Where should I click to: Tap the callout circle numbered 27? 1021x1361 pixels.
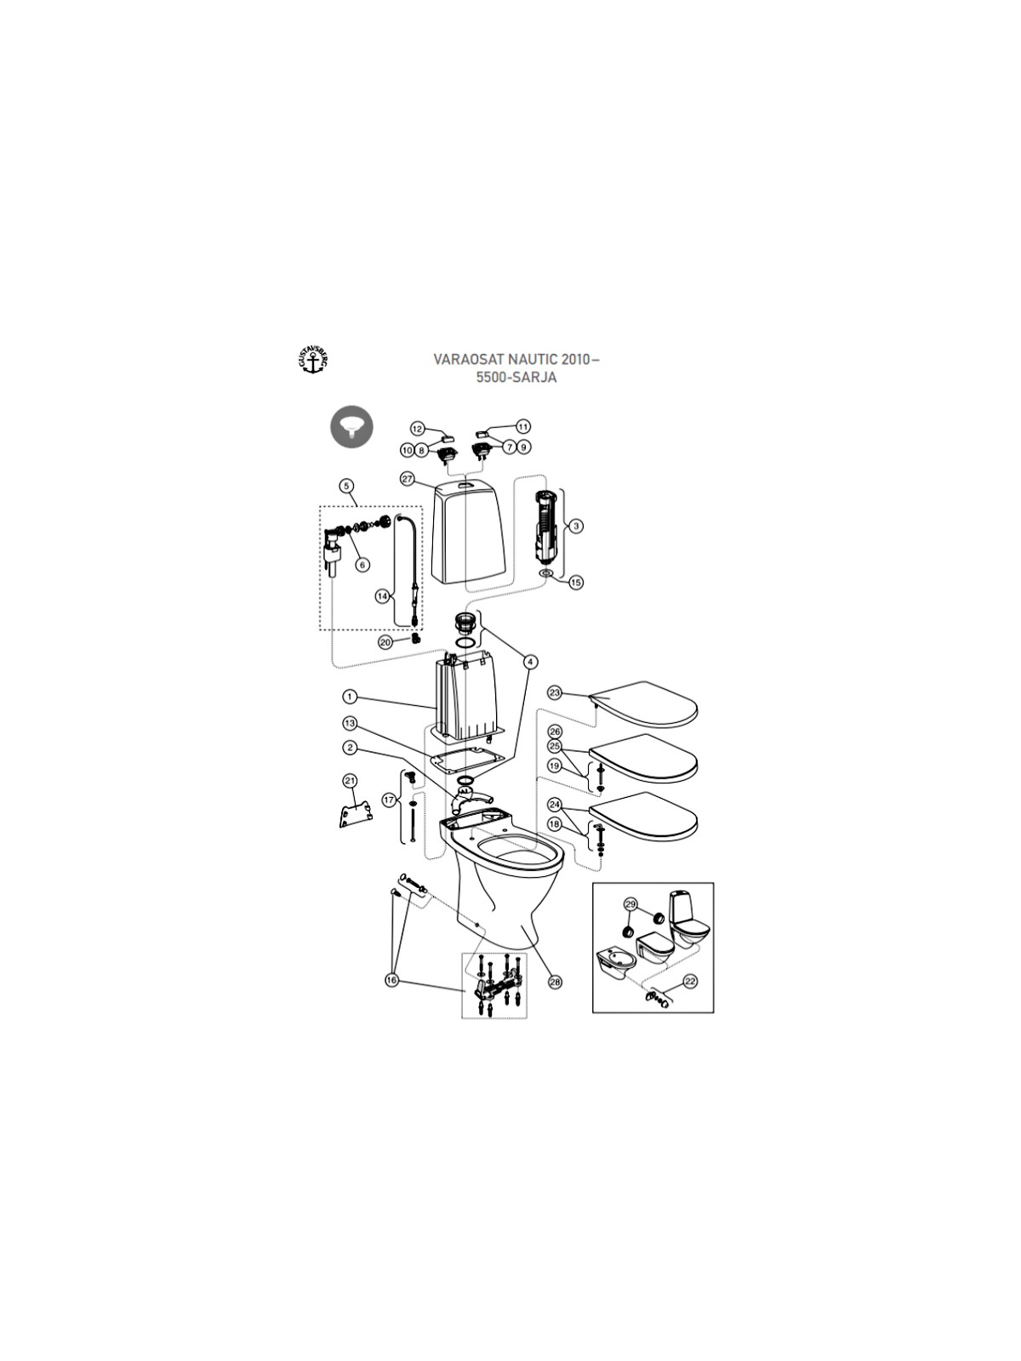point(407,479)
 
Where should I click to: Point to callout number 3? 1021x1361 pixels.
point(576,525)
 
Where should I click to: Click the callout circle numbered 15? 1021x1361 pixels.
point(577,583)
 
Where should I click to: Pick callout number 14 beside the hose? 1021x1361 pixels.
point(382,596)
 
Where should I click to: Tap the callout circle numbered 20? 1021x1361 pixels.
point(385,642)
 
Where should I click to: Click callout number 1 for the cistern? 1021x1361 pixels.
point(350,698)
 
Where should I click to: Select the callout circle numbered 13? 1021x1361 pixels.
point(350,724)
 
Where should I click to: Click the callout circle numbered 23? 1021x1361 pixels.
point(555,693)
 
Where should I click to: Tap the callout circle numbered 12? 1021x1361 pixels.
point(417,429)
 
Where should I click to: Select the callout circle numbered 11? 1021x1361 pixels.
point(524,427)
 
